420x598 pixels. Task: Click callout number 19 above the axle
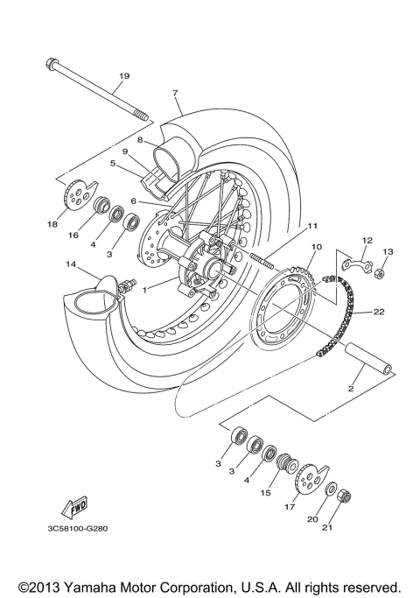coord(123,77)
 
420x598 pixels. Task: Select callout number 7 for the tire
coord(174,93)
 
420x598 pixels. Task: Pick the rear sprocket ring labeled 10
coord(289,306)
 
